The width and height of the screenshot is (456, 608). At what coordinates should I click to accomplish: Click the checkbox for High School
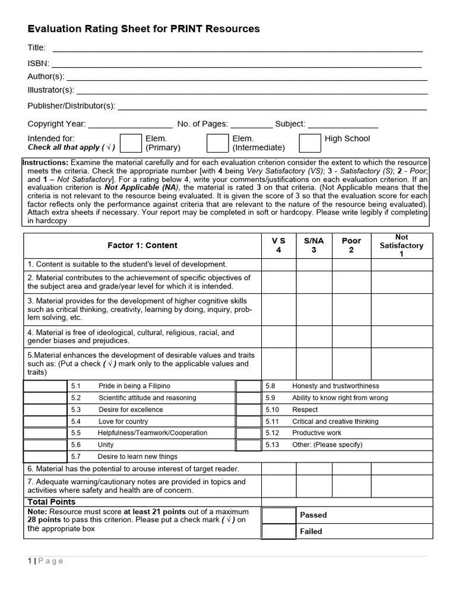pyautogui.click(x=309, y=143)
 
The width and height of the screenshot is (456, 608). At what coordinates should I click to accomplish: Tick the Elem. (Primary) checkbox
pyautogui.click(x=131, y=143)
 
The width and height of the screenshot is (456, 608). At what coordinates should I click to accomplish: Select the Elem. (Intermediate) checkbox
pyautogui.click(x=217, y=143)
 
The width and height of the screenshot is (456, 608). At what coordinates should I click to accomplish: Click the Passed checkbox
pyautogui.click(x=278, y=515)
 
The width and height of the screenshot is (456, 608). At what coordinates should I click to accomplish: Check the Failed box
pyautogui.click(x=278, y=531)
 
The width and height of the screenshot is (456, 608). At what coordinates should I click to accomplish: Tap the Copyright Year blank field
pyautogui.click(x=130, y=124)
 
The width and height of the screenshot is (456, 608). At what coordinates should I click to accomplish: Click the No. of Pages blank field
pyautogui.click(x=251, y=124)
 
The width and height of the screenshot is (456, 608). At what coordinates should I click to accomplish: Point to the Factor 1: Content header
pyautogui.click(x=142, y=245)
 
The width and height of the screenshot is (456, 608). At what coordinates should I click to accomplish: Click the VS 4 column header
pyautogui.click(x=278, y=245)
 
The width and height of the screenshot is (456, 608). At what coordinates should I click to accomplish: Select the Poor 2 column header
pyautogui.click(x=351, y=245)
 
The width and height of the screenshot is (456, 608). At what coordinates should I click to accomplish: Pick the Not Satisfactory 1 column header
pyautogui.click(x=401, y=245)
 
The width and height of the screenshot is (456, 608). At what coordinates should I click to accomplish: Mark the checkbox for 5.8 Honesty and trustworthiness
pyautogui.click(x=248, y=386)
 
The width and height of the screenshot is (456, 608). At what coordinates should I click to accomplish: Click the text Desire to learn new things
pyautogui.click(x=138, y=457)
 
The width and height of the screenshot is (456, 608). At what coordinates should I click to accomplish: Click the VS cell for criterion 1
pyautogui.click(x=278, y=264)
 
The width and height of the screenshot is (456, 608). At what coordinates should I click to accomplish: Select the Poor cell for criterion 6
pyautogui.click(x=351, y=469)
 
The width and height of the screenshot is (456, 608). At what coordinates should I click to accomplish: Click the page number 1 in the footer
pyautogui.click(x=30, y=561)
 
